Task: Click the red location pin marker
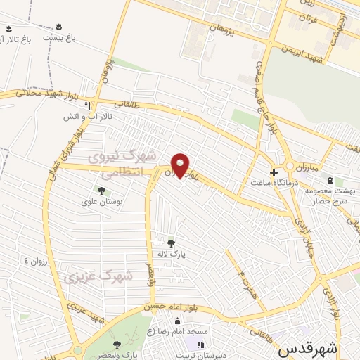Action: [181, 165]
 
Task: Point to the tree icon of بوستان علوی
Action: [103, 190]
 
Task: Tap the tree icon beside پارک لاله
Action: [171, 243]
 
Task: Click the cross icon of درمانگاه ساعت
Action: [274, 171]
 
